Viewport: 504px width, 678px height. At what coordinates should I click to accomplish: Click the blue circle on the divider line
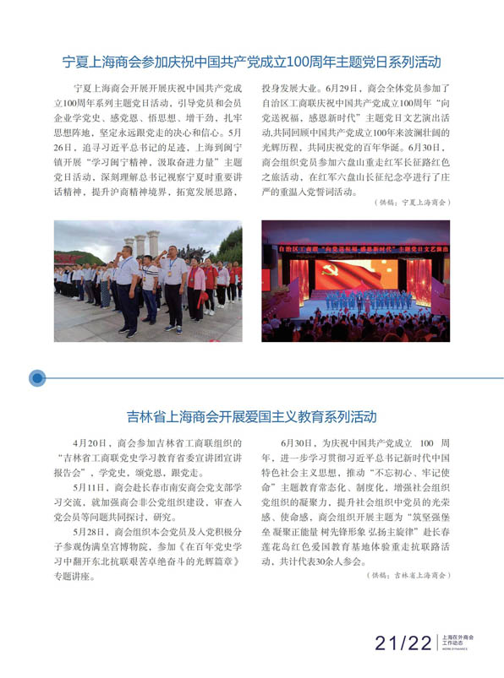[37, 377]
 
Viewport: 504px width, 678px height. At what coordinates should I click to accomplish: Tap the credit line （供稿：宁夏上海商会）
[412, 203]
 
